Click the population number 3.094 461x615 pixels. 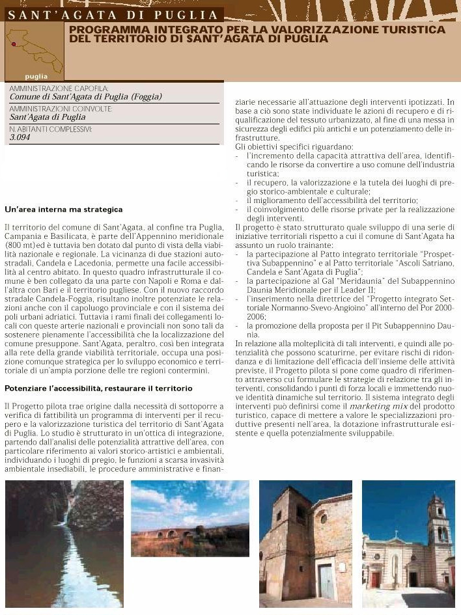20,138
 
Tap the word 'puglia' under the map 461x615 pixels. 36,76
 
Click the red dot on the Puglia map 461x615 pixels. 13,45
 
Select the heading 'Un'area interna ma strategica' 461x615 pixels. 63,210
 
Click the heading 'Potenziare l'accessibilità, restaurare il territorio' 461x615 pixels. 98,389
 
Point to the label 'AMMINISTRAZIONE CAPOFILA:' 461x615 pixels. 59,88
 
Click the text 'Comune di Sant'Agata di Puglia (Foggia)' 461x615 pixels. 85,97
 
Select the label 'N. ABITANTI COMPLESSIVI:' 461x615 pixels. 51,130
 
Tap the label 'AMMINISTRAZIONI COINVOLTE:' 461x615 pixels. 61,109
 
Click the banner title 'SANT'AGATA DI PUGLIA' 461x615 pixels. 113,14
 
